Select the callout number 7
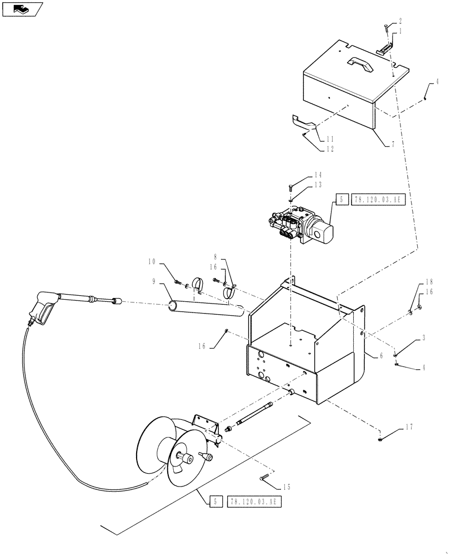[x=392, y=144]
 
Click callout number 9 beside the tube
[x=154, y=281]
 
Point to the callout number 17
[x=409, y=427]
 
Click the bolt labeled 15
[x=265, y=478]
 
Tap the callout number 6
[x=381, y=356]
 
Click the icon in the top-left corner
[x=22, y=8]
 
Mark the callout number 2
[x=400, y=21]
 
